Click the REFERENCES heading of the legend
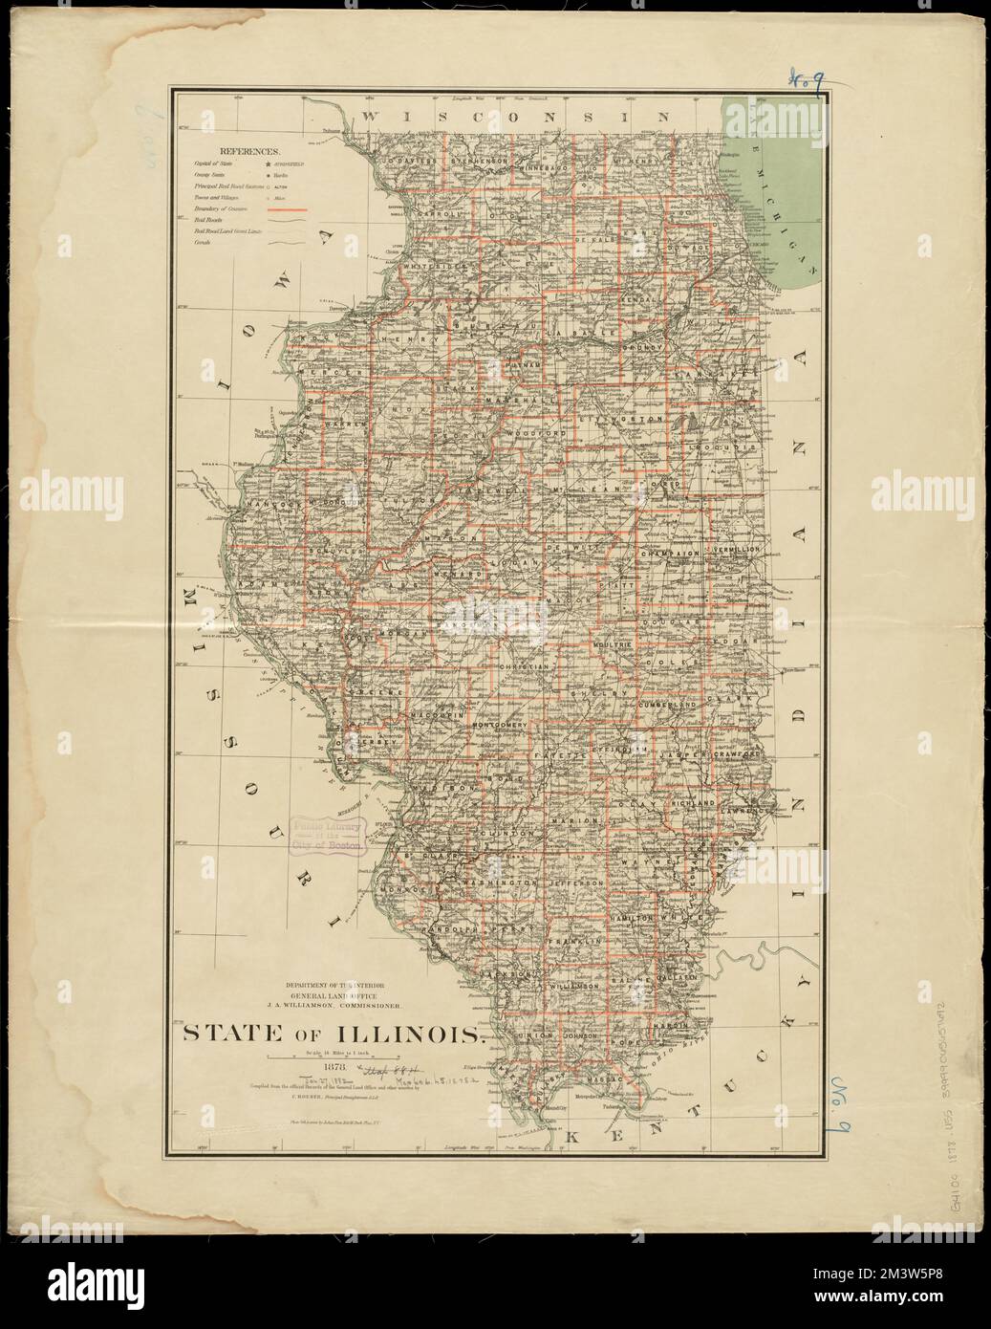click(x=248, y=151)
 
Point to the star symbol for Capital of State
click(x=269, y=165)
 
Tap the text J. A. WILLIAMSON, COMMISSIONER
click(x=346, y=1005)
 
